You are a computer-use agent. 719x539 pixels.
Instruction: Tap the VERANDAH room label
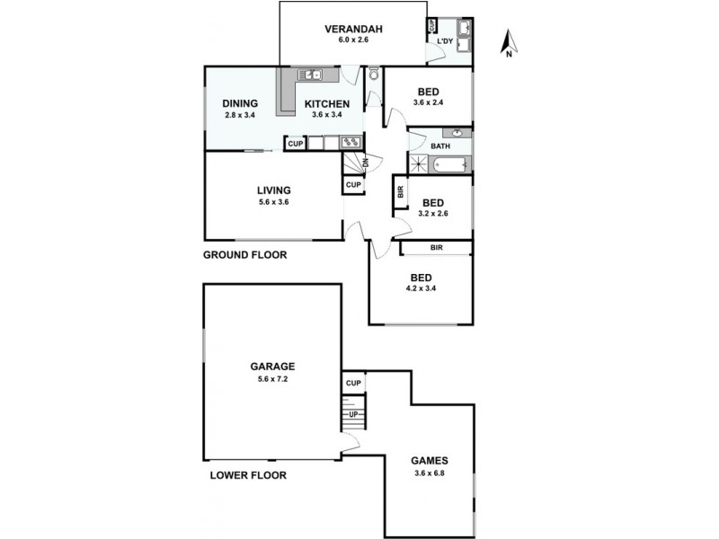[353, 29]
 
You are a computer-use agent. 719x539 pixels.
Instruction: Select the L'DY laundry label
[445, 41]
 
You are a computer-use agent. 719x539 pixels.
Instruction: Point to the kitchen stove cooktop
[351, 142]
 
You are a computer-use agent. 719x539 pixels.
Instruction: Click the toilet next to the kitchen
[374, 75]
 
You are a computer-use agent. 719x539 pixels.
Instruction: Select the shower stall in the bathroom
[419, 164]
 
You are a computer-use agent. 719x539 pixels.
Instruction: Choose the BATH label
[440, 146]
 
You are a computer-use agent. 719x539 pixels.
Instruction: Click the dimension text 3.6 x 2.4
[429, 103]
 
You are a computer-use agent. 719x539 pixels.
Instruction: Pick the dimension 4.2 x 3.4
[421, 288]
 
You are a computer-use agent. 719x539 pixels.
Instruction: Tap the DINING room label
[240, 103]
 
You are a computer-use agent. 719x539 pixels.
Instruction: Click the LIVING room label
[273, 190]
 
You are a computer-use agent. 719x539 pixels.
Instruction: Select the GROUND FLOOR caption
[244, 255]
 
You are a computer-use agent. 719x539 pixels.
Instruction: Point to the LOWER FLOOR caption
[248, 475]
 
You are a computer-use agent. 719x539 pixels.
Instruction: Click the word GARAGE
[272, 366]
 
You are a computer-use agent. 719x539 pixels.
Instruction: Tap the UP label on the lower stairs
[353, 414]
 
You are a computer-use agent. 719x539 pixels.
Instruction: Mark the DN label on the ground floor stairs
[366, 163]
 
